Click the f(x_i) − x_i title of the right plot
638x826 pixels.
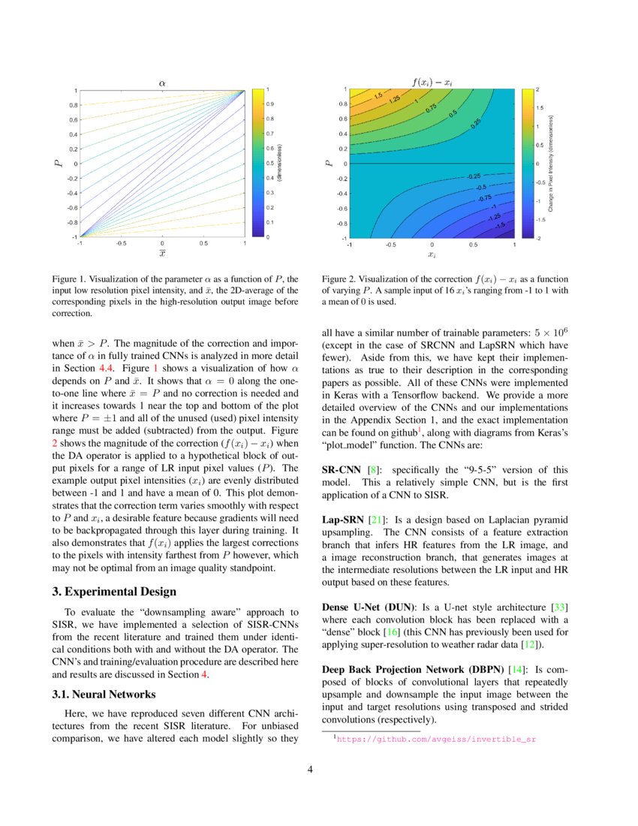click(432, 80)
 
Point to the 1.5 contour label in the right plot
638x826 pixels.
click(379, 95)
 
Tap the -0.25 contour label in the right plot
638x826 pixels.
click(473, 175)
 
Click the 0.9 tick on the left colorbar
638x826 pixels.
click(270, 104)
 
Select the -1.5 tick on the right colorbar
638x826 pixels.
click(540, 219)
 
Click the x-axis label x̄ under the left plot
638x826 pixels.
click(161, 254)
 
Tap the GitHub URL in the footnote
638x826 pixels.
click(436, 739)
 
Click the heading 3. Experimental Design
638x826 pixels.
click(111, 592)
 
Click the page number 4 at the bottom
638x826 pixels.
click(319, 769)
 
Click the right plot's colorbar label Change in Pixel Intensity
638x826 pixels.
click(551, 163)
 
